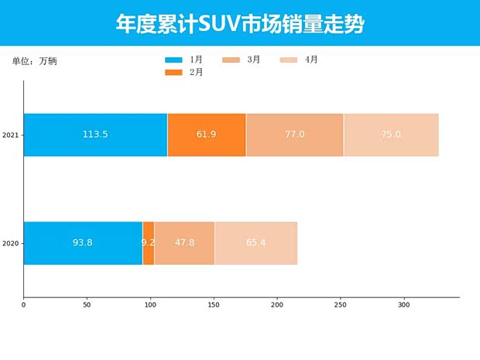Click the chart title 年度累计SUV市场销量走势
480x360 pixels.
point(240,23)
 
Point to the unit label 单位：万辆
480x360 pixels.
point(35,61)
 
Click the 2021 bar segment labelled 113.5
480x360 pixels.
point(95,135)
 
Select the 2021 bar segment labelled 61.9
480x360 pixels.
point(206,135)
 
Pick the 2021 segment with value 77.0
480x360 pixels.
point(294,135)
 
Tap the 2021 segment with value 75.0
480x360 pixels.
point(391,135)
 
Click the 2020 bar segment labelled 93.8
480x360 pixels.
point(83,243)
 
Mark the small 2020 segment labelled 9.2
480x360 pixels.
point(148,243)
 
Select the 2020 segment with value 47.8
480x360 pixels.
point(184,243)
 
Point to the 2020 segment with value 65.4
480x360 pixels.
point(255,243)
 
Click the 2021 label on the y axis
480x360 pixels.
point(11,135)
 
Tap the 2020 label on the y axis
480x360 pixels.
point(11,244)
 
